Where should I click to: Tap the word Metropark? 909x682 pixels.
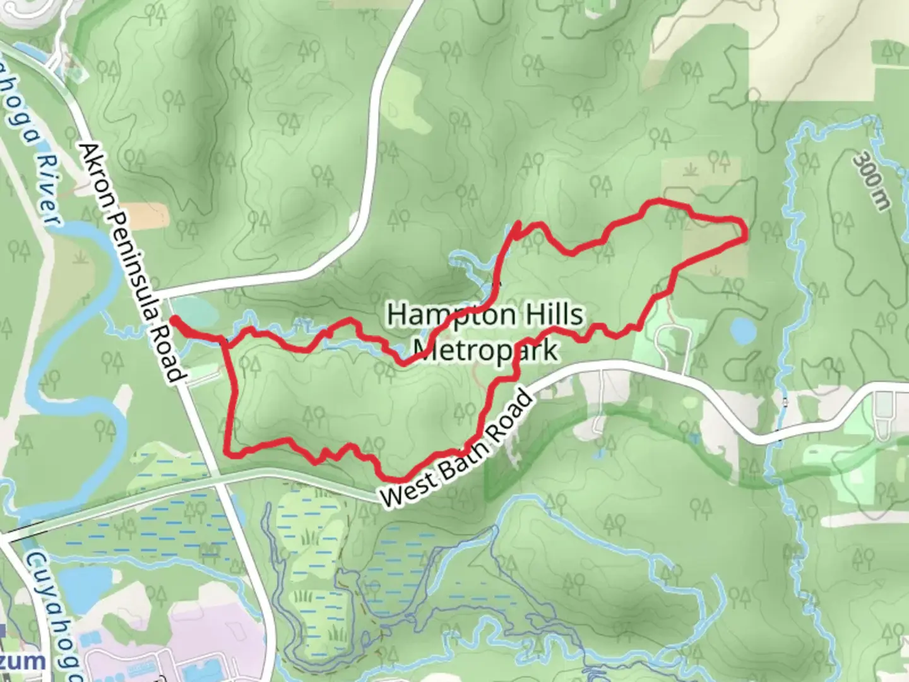485,349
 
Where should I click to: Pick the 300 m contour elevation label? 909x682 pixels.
872,181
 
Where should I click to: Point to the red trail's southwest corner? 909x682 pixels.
229,450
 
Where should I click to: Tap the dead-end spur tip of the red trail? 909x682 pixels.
518,223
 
